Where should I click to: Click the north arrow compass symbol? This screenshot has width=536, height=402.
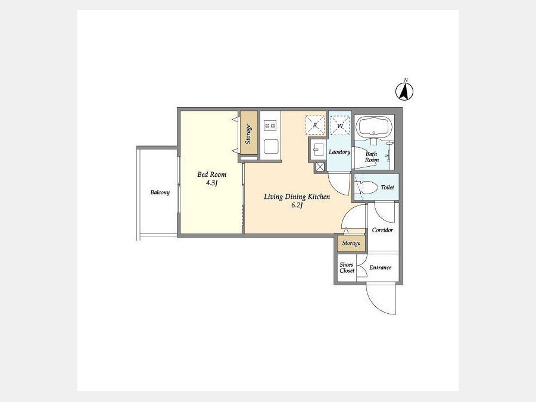tap(404, 91)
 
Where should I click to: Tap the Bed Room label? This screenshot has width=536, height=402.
tap(212, 174)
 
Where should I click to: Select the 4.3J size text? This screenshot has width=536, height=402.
tap(212, 183)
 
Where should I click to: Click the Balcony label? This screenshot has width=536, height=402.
tap(160, 192)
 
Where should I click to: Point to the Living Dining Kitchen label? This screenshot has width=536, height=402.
tap(297, 197)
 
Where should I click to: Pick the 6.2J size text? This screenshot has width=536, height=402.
tap(297, 205)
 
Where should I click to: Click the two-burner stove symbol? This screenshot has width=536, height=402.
tap(270, 126)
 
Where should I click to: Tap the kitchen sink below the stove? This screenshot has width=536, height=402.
tap(271, 147)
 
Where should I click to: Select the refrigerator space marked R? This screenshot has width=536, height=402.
tap(315, 125)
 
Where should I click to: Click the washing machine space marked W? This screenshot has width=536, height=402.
tap(340, 126)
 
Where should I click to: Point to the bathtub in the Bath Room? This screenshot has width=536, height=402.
tap(373, 127)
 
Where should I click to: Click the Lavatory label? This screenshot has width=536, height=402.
tap(339, 152)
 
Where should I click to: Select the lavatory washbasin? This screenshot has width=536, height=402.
tap(318, 149)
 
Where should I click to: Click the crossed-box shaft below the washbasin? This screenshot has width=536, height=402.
tap(320, 167)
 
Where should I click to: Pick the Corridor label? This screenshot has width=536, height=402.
tap(382, 230)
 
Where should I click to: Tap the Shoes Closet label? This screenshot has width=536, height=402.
tap(347, 267)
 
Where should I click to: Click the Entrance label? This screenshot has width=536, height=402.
tap(381, 267)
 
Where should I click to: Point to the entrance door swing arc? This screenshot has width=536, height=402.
tap(375, 304)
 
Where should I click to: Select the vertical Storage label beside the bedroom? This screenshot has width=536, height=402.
tap(248, 133)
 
